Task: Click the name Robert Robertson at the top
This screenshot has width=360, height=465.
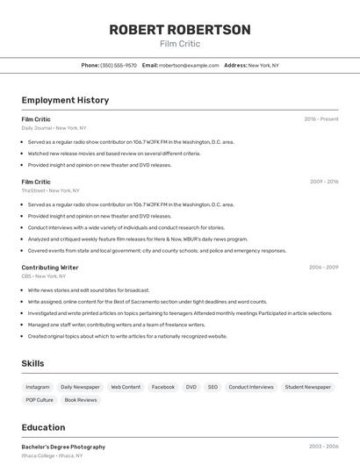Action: click(180, 30)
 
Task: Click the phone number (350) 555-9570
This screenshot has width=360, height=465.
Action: click(119, 66)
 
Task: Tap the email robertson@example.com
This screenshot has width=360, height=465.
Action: click(189, 66)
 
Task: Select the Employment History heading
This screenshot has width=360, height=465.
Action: click(65, 100)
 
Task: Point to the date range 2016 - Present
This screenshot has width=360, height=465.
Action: click(321, 119)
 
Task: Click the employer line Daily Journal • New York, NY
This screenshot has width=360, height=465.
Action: click(54, 128)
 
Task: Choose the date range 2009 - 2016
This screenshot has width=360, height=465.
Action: click(324, 182)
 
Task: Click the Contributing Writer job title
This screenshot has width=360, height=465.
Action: click(50, 267)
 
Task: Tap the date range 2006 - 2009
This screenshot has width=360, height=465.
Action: click(324, 267)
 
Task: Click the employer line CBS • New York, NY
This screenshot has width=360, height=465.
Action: click(44, 275)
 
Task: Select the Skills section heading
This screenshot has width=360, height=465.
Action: click(32, 363)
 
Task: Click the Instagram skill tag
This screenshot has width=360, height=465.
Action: click(38, 387)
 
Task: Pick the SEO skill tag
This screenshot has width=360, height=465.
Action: click(212, 387)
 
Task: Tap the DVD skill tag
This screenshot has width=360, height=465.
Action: click(191, 387)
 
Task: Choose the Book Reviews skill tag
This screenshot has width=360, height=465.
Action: click(81, 400)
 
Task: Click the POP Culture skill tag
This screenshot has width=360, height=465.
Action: click(40, 400)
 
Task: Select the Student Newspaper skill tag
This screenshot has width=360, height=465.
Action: click(307, 387)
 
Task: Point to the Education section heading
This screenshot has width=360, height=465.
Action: click(43, 427)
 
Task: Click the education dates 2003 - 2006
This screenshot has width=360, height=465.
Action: click(324, 447)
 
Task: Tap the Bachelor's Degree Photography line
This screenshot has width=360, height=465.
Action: click(63, 447)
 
